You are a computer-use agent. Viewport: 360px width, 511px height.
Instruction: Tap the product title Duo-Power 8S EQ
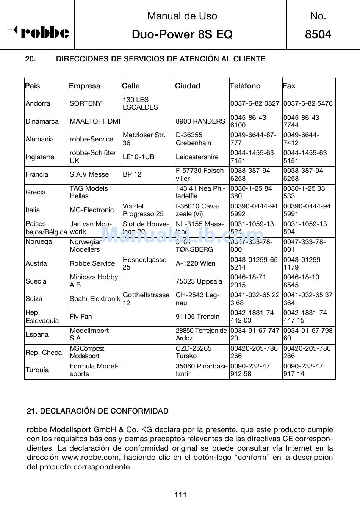pyautogui.click(x=182, y=34)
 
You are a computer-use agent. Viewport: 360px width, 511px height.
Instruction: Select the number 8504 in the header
pyautogui.click(x=318, y=34)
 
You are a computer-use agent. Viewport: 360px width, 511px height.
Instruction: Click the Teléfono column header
pyautogui.click(x=245, y=86)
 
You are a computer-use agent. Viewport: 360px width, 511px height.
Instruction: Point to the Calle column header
pyautogui.click(x=131, y=86)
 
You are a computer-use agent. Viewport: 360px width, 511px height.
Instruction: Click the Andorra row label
pyautogui.click(x=38, y=103)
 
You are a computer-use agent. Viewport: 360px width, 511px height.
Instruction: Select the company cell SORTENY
pyautogui.click(x=86, y=103)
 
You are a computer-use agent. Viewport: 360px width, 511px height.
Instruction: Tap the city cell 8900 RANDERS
pyautogui.click(x=200, y=121)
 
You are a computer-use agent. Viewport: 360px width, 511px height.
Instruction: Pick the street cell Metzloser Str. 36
pyautogui.click(x=144, y=139)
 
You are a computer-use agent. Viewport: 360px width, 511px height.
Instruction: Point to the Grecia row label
pyautogui.click(x=36, y=192)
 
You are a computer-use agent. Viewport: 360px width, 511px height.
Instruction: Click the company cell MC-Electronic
pyautogui.click(x=92, y=210)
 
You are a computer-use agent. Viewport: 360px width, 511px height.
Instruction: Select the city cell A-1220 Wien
pyautogui.click(x=196, y=263)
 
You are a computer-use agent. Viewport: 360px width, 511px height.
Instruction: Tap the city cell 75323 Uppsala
pyautogui.click(x=199, y=281)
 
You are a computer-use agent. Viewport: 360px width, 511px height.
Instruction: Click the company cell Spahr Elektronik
pyautogui.click(x=95, y=299)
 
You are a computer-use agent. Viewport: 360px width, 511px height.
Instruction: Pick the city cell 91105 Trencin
pyautogui.click(x=197, y=317)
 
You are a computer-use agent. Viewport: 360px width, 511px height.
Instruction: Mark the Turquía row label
pyautogui.click(x=37, y=370)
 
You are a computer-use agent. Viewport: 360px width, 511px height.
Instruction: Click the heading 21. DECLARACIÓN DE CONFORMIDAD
pyautogui.click(x=98, y=411)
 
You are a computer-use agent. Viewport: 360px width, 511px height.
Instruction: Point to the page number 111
pyautogui.click(x=180, y=495)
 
